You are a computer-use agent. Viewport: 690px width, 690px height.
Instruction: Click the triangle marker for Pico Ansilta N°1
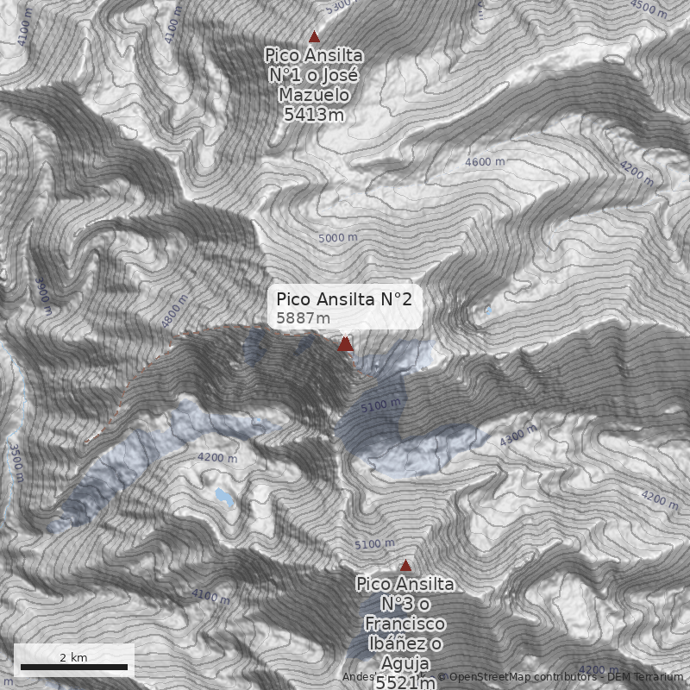[x=314, y=37]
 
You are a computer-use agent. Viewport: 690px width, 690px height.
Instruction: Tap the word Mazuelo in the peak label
[x=314, y=94]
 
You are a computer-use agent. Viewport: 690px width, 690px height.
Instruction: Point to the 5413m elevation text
[x=314, y=112]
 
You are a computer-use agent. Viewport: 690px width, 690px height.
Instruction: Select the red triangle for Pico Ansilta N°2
[x=345, y=344]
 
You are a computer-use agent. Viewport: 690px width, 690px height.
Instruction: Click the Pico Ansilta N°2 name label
[x=344, y=299]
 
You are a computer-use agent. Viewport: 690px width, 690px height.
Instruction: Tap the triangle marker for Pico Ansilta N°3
[x=405, y=566]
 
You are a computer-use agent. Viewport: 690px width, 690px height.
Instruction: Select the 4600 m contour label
[x=484, y=162]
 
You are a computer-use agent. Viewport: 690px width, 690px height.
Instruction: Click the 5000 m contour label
[x=337, y=237]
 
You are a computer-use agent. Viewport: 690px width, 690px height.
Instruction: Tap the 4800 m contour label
[x=174, y=311]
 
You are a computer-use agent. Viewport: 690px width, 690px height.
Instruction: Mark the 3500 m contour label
[x=15, y=457]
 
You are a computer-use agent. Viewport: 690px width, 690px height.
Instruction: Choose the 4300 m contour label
[x=517, y=437]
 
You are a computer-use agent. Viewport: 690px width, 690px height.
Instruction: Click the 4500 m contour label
[x=649, y=9]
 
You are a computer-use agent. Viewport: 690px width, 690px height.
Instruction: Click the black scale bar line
[x=74, y=668]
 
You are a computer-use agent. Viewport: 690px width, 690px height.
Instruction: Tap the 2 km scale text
[x=73, y=657]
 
